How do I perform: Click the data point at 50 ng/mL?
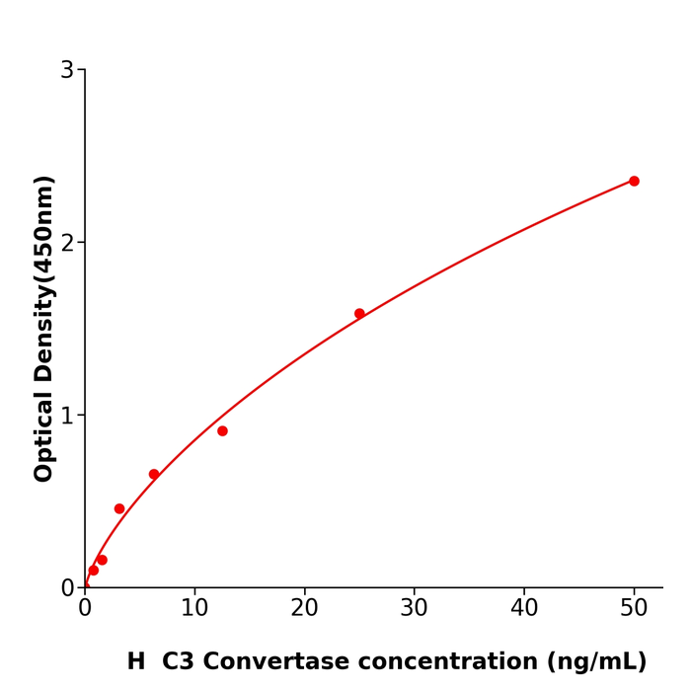(634, 181)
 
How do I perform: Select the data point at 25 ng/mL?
(359, 314)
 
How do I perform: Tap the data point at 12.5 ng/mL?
(222, 431)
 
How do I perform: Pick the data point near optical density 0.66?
(154, 474)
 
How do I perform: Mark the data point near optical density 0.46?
(119, 509)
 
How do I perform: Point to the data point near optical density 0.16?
(102, 560)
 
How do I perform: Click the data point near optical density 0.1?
(94, 571)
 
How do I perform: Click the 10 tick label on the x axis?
(194, 609)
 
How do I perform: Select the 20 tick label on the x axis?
(304, 609)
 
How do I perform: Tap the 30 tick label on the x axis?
(414, 609)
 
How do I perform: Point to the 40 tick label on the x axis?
(524, 609)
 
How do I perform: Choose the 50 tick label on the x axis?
(634, 609)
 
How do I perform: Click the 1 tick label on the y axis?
(67, 416)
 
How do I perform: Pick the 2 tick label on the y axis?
(67, 243)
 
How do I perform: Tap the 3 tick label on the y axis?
(67, 70)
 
